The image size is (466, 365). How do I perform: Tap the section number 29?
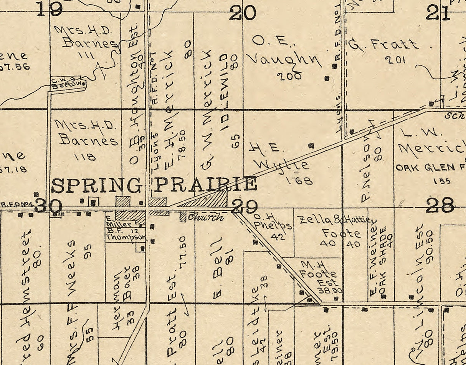[244, 207]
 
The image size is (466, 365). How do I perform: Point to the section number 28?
[440, 205]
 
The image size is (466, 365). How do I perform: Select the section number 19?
[50, 8]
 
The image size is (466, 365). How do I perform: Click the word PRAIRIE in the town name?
[205, 184]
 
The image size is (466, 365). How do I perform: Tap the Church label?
[206, 217]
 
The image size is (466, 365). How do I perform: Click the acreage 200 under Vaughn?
[289, 76]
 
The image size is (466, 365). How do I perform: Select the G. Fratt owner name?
[383, 45]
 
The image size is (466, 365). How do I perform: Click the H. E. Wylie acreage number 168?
[299, 180]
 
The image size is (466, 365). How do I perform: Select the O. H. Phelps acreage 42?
[277, 237]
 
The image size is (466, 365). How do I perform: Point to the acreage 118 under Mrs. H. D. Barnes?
[85, 157]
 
